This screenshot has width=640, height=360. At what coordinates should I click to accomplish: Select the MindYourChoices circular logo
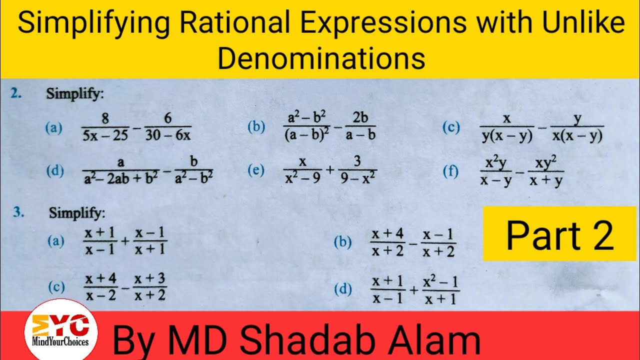pyautogui.click(x=60, y=329)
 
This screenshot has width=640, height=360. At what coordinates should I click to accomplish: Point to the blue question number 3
pyautogui.click(x=18, y=212)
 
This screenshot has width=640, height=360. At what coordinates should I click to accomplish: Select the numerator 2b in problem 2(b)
pyautogui.click(x=360, y=118)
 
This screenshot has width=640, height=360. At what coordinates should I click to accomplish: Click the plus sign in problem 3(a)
pyautogui.click(x=125, y=241)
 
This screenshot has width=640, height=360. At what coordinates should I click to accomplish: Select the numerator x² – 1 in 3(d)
pyautogui.click(x=440, y=283)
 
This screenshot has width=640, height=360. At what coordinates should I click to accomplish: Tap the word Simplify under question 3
pyautogui.click(x=77, y=213)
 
